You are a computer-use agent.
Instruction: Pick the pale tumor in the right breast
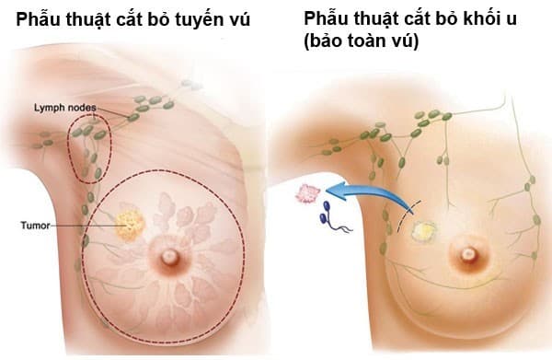click(426, 230)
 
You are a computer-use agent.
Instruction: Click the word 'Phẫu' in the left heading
click(34, 18)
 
